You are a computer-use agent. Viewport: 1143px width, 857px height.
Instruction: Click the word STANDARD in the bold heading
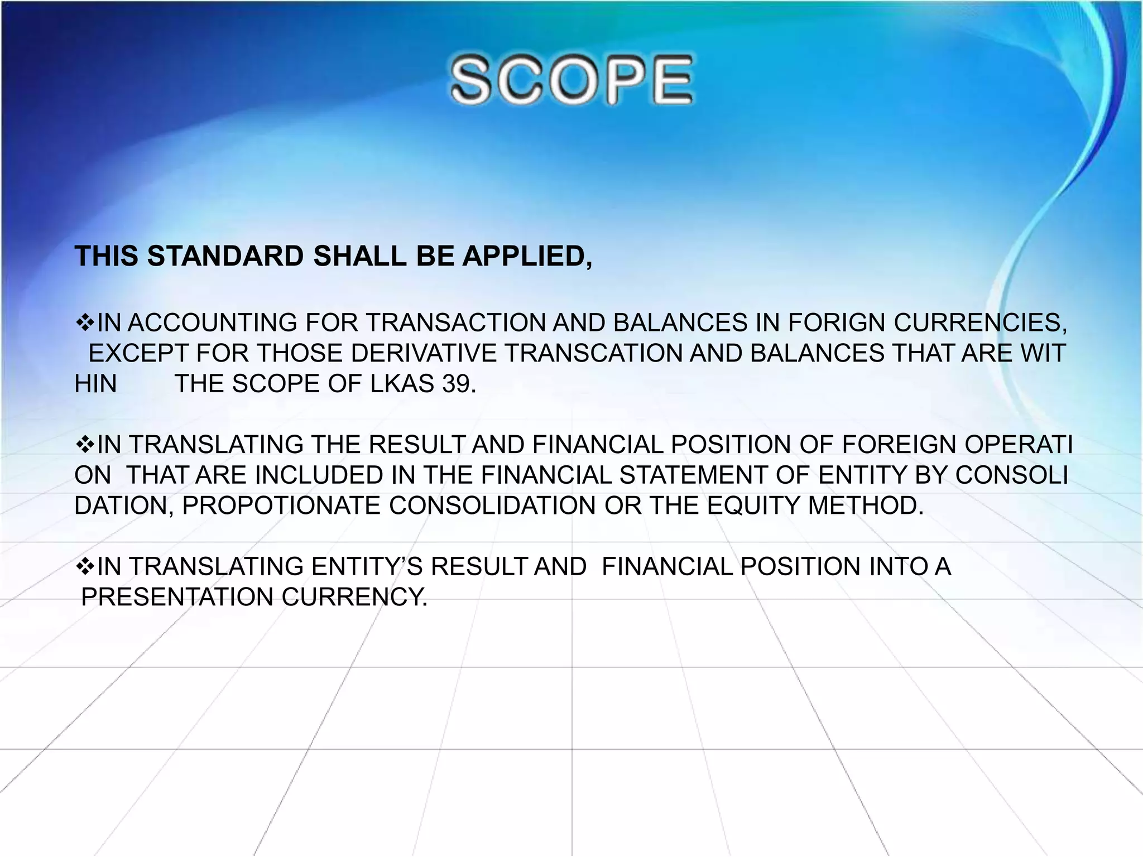tap(225, 257)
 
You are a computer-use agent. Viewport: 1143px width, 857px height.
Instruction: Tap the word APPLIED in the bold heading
tap(526, 257)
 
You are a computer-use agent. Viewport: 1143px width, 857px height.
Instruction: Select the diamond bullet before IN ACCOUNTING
tap(85, 322)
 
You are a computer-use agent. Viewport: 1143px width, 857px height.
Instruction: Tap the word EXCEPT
tap(140, 354)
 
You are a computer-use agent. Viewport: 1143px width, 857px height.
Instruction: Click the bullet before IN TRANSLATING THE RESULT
tap(85, 445)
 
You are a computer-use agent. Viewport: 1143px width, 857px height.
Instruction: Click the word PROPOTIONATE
tap(281, 506)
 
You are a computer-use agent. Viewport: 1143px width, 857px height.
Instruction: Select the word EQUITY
tap(753, 506)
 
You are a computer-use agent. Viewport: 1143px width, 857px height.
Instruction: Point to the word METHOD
tap(865, 506)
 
